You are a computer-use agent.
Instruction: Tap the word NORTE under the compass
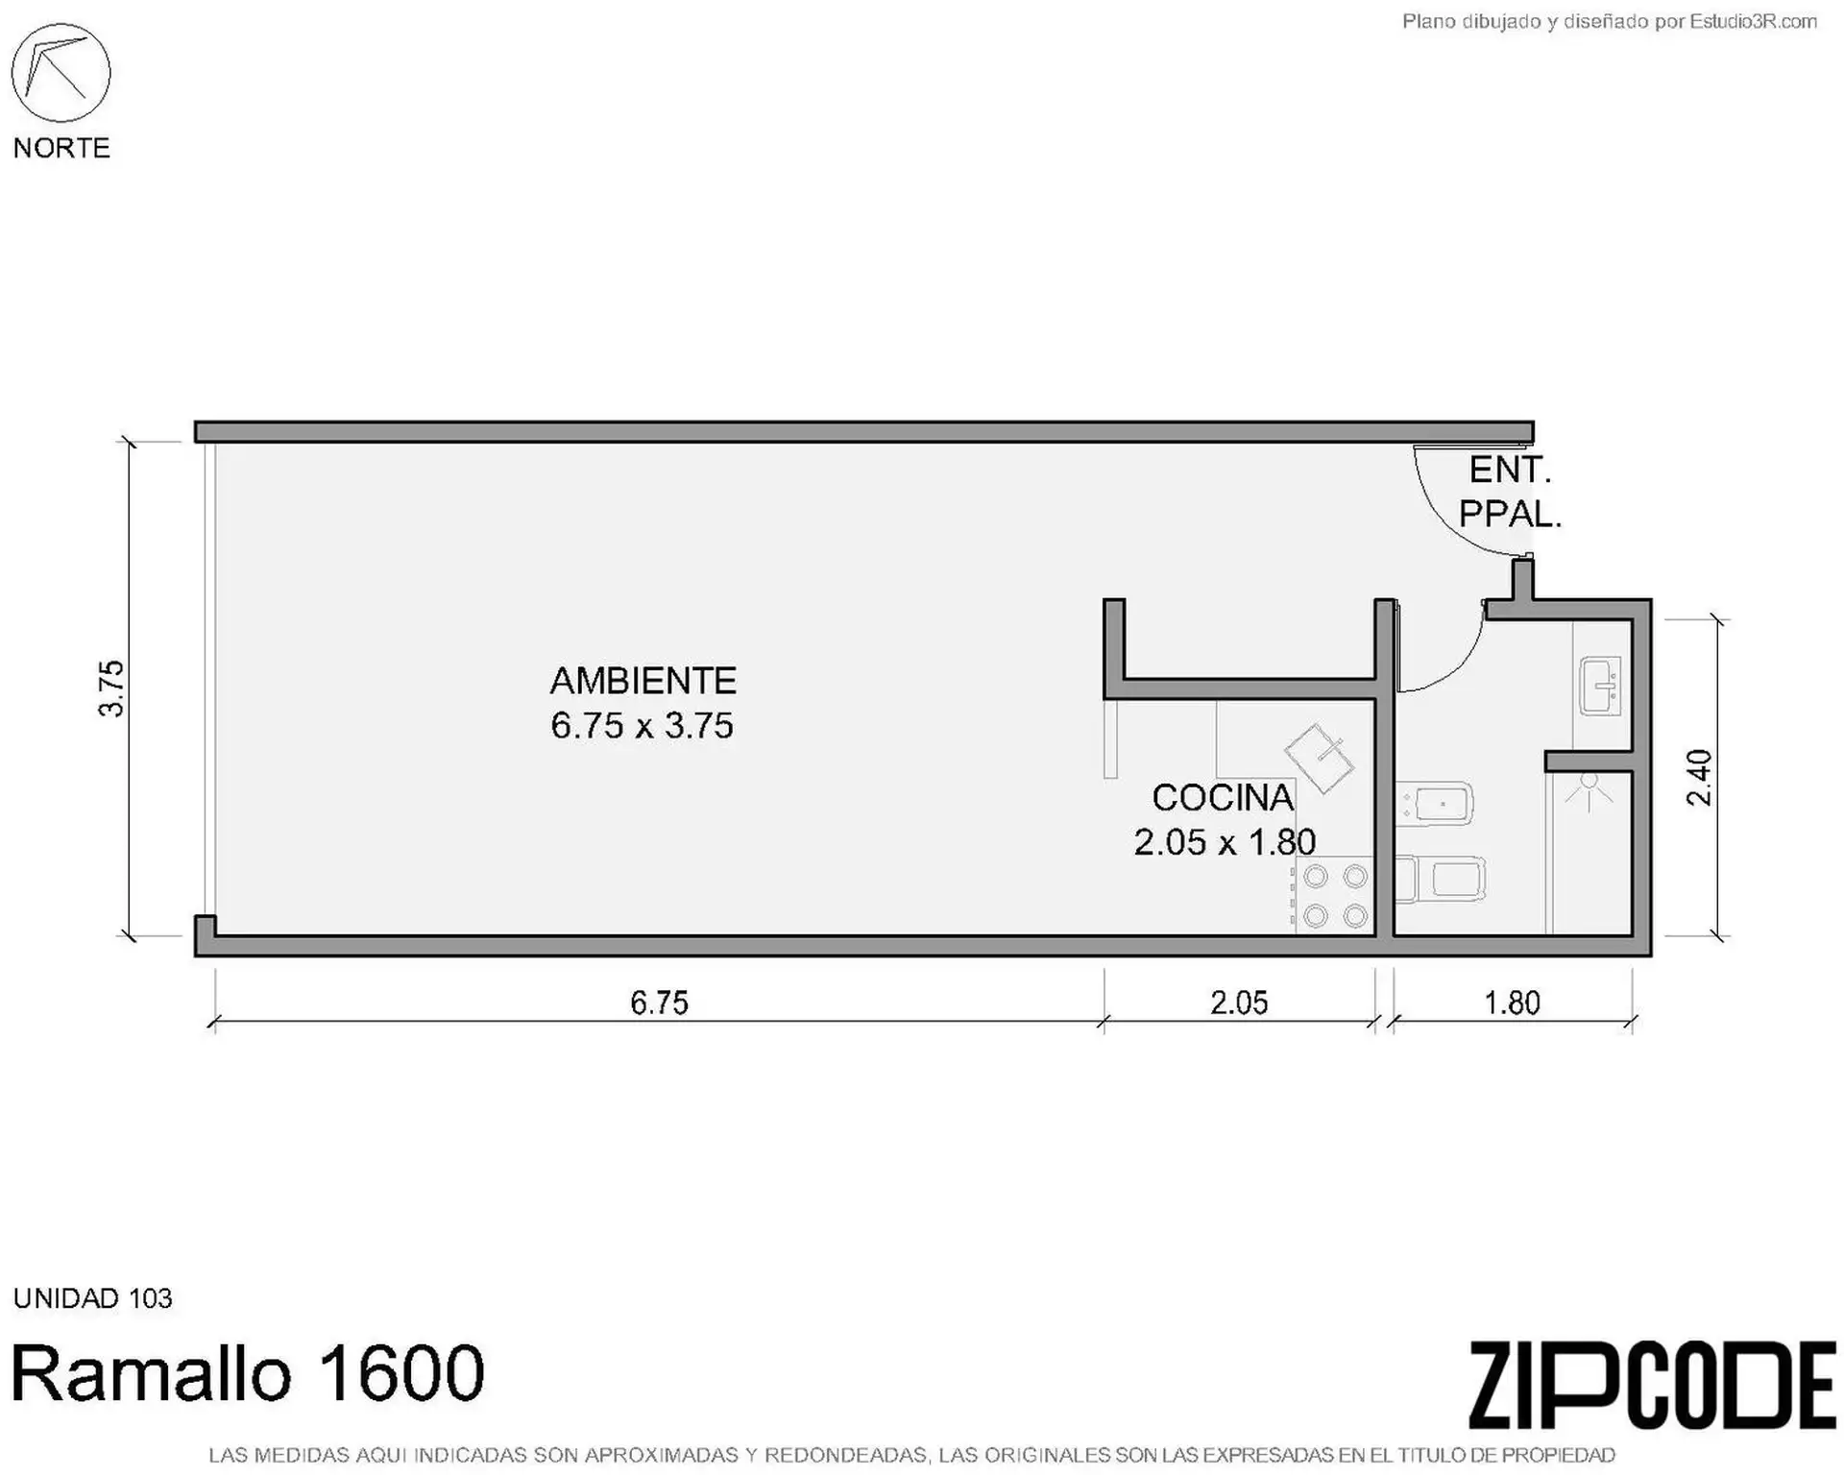[x=61, y=148]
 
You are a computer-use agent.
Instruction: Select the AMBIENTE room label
[x=643, y=681]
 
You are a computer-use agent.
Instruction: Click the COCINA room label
[x=1223, y=798]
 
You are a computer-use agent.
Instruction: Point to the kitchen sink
[x=1320, y=759]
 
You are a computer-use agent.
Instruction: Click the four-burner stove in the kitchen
[x=1335, y=896]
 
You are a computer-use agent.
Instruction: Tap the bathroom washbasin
[x=1600, y=686]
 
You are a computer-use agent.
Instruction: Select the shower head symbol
[x=1589, y=791]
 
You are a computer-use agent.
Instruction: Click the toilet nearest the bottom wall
[x=1440, y=879]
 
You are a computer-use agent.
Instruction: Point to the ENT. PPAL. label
[x=1511, y=493]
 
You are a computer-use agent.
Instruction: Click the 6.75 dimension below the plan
[x=659, y=1003]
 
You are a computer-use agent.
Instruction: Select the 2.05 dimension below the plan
[x=1239, y=1003]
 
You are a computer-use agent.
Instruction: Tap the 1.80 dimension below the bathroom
[x=1513, y=1003]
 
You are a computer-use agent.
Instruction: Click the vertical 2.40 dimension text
[x=1699, y=778]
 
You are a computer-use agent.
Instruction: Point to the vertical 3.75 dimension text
[x=111, y=689]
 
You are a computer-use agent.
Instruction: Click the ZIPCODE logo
[x=1652, y=1386]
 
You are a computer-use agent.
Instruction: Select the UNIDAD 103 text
[x=93, y=1298]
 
